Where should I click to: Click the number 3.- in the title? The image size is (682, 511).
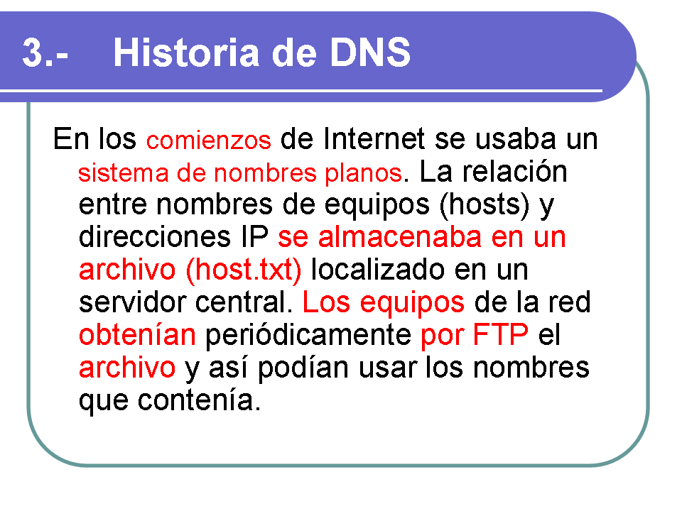(x=45, y=53)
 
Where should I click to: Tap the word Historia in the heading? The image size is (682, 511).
(x=187, y=53)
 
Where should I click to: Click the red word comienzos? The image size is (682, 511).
(x=209, y=141)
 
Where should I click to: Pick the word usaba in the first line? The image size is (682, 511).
(x=515, y=139)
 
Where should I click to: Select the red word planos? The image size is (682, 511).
(x=363, y=173)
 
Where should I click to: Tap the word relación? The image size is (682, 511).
(x=514, y=171)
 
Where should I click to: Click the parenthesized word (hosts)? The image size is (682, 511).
(x=485, y=204)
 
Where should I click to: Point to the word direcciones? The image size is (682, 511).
(x=154, y=237)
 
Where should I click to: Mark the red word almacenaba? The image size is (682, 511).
(x=400, y=237)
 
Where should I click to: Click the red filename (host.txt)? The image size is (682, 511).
(x=244, y=270)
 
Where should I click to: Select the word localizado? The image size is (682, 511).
(x=378, y=270)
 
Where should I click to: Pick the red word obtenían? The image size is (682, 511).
(x=137, y=334)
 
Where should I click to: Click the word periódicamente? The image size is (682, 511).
(x=308, y=336)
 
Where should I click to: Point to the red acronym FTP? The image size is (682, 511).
(x=500, y=334)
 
